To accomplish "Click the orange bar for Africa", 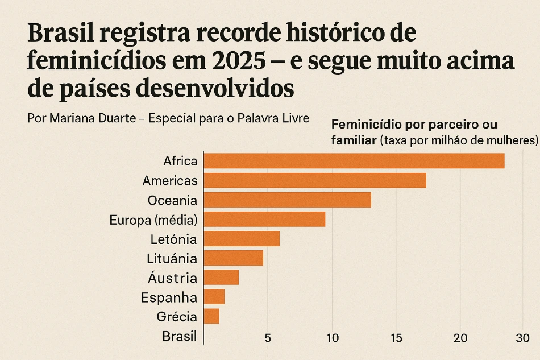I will point(354,161).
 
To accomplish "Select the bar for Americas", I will point(314,180).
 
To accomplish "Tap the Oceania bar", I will point(287,200).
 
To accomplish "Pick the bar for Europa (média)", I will point(264,220).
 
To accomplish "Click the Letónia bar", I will point(242,239).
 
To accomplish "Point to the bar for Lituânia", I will point(233,258).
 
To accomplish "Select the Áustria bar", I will point(221,278).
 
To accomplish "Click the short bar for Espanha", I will point(214,297).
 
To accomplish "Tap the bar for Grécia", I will point(211,316).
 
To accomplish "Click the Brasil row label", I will point(179,336).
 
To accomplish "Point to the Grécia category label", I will point(177,317).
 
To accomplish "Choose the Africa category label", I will point(180,161).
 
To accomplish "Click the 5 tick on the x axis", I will point(268,338).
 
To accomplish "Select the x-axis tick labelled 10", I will point(333,338).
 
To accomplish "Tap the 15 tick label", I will point(397,338).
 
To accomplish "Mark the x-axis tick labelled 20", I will point(461,338).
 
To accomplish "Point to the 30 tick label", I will point(522,338).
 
